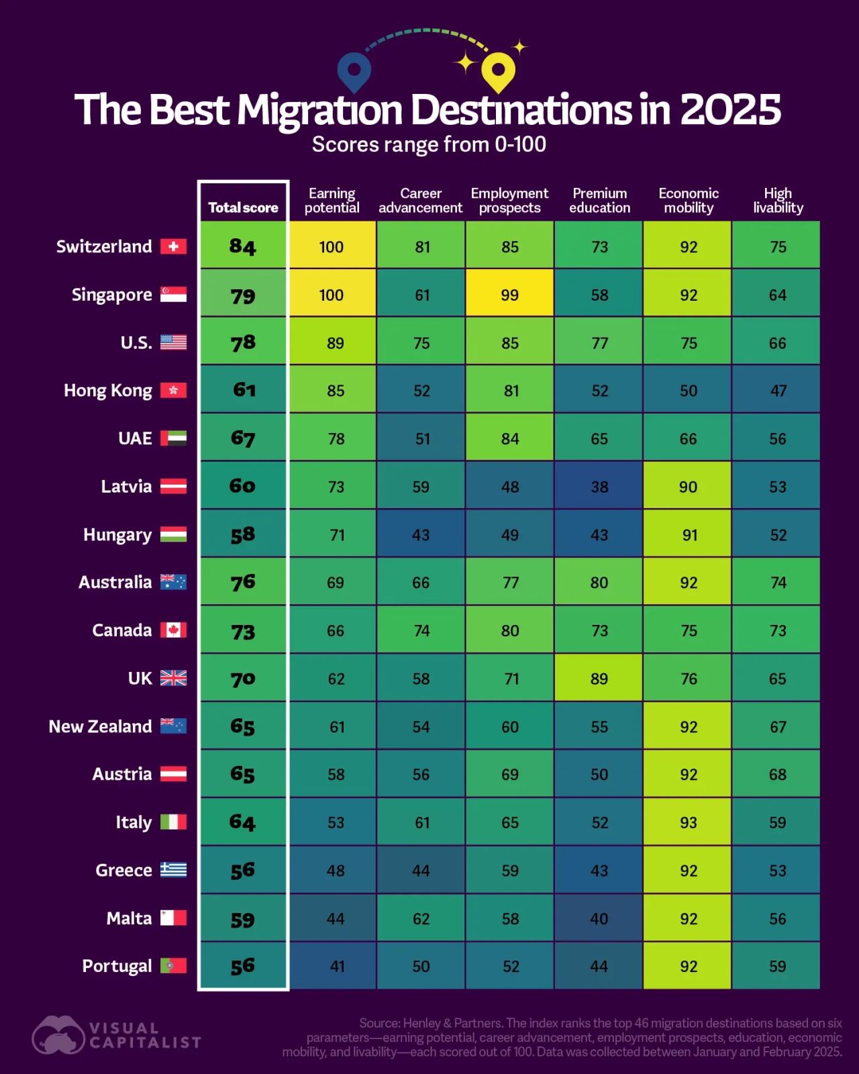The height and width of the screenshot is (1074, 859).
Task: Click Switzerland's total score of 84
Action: tap(243, 246)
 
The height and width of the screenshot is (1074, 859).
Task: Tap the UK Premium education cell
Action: tap(599, 678)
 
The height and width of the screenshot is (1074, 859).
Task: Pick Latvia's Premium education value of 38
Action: tap(599, 486)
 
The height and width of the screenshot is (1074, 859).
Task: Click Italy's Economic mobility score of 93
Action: tap(689, 822)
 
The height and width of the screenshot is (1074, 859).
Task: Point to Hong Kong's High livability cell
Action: tap(776, 389)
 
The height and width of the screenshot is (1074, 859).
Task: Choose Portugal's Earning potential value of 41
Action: tap(337, 966)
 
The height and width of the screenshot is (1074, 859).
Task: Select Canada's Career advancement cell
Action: tap(421, 630)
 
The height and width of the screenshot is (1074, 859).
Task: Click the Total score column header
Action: tap(243, 207)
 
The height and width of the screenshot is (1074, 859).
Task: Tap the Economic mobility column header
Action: tap(689, 201)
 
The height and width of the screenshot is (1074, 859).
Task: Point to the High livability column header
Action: tap(778, 201)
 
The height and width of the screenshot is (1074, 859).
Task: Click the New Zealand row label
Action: tap(100, 726)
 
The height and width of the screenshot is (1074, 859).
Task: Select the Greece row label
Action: tap(123, 870)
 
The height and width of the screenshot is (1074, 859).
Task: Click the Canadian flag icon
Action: tap(173, 630)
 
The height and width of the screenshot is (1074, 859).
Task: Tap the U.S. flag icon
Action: tap(173, 342)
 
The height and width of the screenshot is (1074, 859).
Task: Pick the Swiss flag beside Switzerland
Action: tap(173, 246)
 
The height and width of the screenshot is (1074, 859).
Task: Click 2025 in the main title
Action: tap(729, 109)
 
